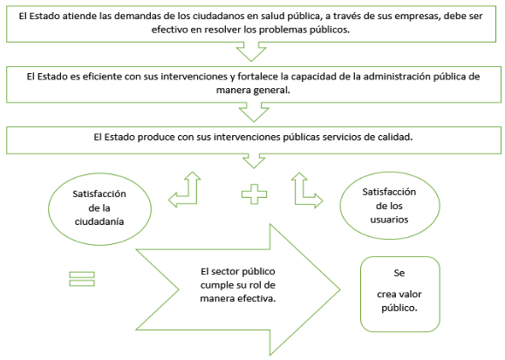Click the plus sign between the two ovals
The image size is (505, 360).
[254, 194]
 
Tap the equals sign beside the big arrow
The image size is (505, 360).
[82, 279]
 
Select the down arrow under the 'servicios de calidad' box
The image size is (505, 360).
[254, 161]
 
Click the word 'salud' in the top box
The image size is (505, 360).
[266, 16]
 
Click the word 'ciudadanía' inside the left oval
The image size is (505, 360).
[99, 221]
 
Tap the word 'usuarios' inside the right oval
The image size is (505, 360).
[389, 220]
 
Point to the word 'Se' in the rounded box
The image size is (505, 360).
[399, 273]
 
